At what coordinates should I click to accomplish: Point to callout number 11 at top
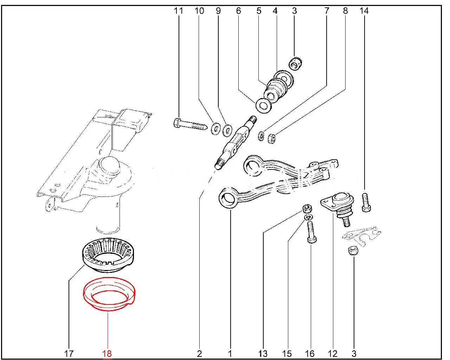179,11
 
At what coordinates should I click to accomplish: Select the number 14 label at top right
364,11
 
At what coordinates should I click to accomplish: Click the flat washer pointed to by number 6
263,105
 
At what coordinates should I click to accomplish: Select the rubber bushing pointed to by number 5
276,90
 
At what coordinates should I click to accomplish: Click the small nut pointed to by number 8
271,138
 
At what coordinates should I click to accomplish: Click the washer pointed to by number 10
215,129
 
